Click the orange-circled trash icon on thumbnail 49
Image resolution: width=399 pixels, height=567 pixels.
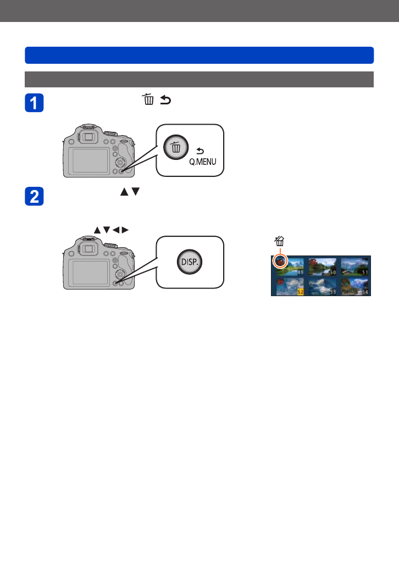click(280, 262)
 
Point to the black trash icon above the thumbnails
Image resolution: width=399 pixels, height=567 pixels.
click(279, 241)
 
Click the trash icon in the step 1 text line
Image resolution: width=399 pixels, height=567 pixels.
click(147, 99)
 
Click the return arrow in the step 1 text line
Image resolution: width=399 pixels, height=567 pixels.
click(164, 100)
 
